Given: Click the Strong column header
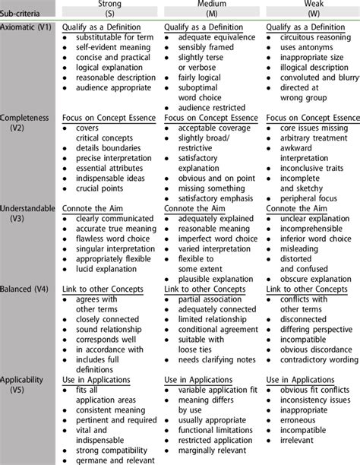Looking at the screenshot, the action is tap(109, 5).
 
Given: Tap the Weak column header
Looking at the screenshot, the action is tap(311, 5).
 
